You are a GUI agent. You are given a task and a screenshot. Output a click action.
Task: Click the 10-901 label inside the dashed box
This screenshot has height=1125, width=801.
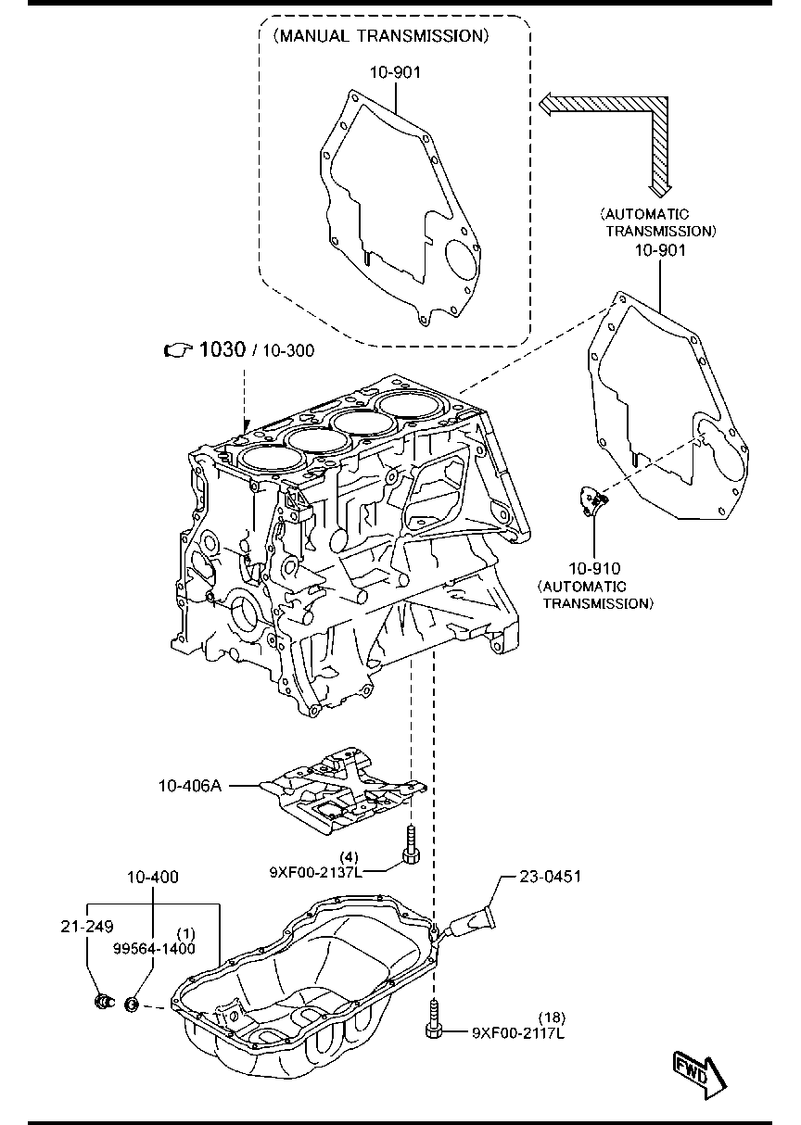pos(396,73)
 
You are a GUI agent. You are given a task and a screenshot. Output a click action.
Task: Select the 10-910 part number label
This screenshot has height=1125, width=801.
pos(594,569)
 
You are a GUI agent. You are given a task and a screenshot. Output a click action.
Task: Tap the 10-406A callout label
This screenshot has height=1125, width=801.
pos(190,786)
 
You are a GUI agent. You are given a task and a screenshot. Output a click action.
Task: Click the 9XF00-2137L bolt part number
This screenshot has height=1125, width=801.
pos(315,872)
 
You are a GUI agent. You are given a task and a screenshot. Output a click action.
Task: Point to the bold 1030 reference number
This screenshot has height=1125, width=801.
pos(222,349)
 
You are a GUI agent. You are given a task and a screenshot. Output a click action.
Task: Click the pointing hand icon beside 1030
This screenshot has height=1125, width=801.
pos(178,350)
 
